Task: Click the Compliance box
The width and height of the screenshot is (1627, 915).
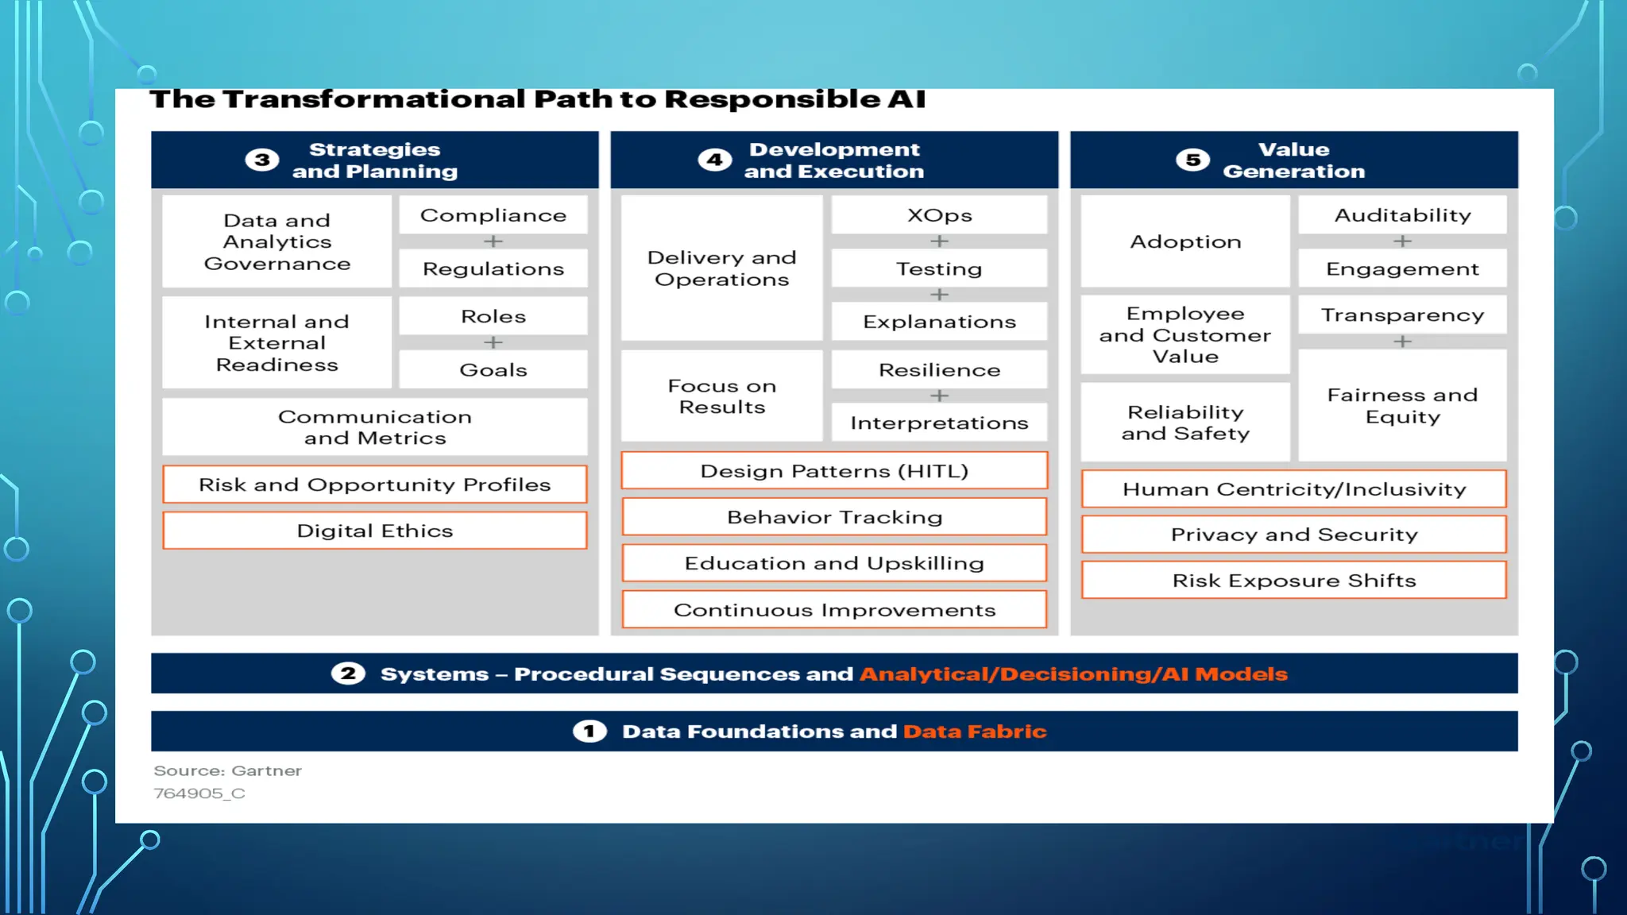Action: pos(493,215)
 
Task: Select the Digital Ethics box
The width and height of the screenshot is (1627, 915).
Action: pos(375,531)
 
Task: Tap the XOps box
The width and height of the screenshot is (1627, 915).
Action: pos(939,215)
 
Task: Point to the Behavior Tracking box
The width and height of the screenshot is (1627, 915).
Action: pos(834,517)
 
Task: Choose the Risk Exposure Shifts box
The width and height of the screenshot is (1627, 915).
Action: pos(1293,581)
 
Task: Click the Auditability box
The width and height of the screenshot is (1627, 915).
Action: pos(1402,215)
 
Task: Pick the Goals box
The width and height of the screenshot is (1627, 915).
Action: pos(493,370)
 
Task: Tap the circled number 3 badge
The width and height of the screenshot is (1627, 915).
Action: pos(262,160)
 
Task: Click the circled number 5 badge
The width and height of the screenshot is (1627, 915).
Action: pos(1192,160)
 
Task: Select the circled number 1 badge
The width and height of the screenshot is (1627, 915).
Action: pos(589,731)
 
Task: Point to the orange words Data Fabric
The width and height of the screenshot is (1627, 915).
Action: pos(975,731)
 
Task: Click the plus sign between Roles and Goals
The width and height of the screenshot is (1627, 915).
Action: pos(493,342)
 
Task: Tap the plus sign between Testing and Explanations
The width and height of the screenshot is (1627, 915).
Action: pos(939,295)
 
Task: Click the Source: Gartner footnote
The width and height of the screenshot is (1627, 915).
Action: pos(227,770)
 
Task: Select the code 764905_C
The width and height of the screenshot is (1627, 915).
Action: pos(199,793)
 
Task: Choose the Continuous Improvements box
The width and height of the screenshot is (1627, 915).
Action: pos(834,610)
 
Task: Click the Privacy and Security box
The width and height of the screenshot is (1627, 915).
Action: pos(1293,535)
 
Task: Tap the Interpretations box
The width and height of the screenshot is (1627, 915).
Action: pos(939,423)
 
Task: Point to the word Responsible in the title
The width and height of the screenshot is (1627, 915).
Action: pos(770,99)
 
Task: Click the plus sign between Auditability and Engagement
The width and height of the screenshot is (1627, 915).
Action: pos(1402,241)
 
